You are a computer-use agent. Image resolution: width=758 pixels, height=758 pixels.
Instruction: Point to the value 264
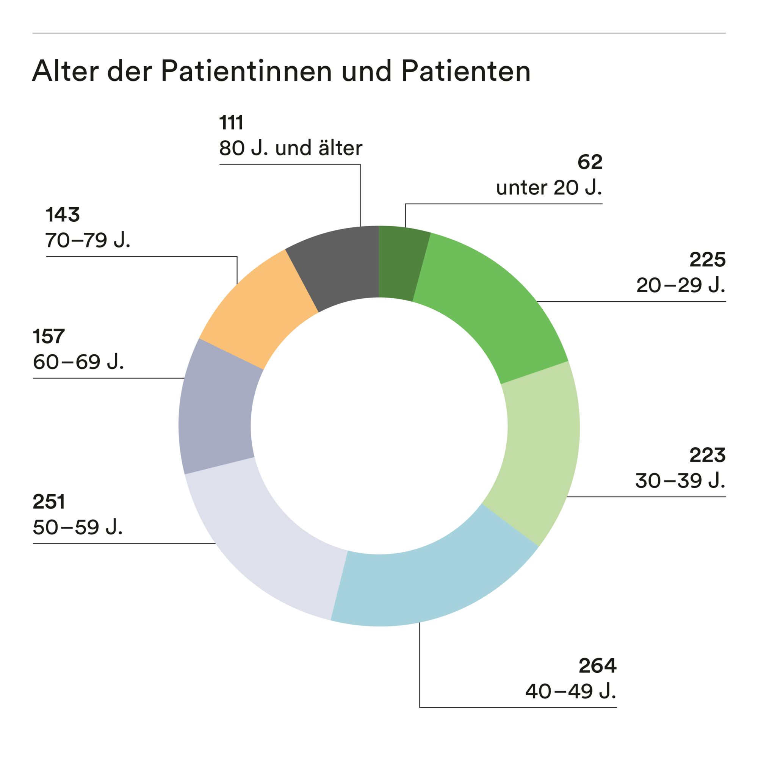pyautogui.click(x=597, y=666)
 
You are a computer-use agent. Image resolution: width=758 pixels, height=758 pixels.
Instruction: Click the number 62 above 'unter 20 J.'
pyautogui.click(x=590, y=162)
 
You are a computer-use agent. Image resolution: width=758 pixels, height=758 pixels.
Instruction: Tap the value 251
pyautogui.click(x=49, y=502)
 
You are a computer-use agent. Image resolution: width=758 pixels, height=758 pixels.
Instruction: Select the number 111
pyautogui.click(x=231, y=122)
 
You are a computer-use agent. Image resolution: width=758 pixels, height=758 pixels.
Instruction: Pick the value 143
pyautogui.click(x=63, y=215)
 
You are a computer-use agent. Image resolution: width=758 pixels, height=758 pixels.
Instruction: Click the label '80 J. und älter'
pyautogui.click(x=291, y=148)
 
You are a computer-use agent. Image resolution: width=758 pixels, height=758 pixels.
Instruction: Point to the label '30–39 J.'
pyautogui.click(x=680, y=481)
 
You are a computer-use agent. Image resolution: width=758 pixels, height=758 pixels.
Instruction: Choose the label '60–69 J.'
pyautogui.click(x=78, y=362)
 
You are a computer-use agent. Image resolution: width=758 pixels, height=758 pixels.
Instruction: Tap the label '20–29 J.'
pyautogui.click(x=680, y=285)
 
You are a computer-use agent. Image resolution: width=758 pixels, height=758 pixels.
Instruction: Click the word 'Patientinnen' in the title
pyautogui.click(x=246, y=71)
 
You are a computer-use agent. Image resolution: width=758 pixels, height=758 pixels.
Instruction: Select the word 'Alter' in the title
pyautogui.click(x=66, y=71)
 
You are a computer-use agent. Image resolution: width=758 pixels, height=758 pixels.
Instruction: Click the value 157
pyautogui.click(x=49, y=336)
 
